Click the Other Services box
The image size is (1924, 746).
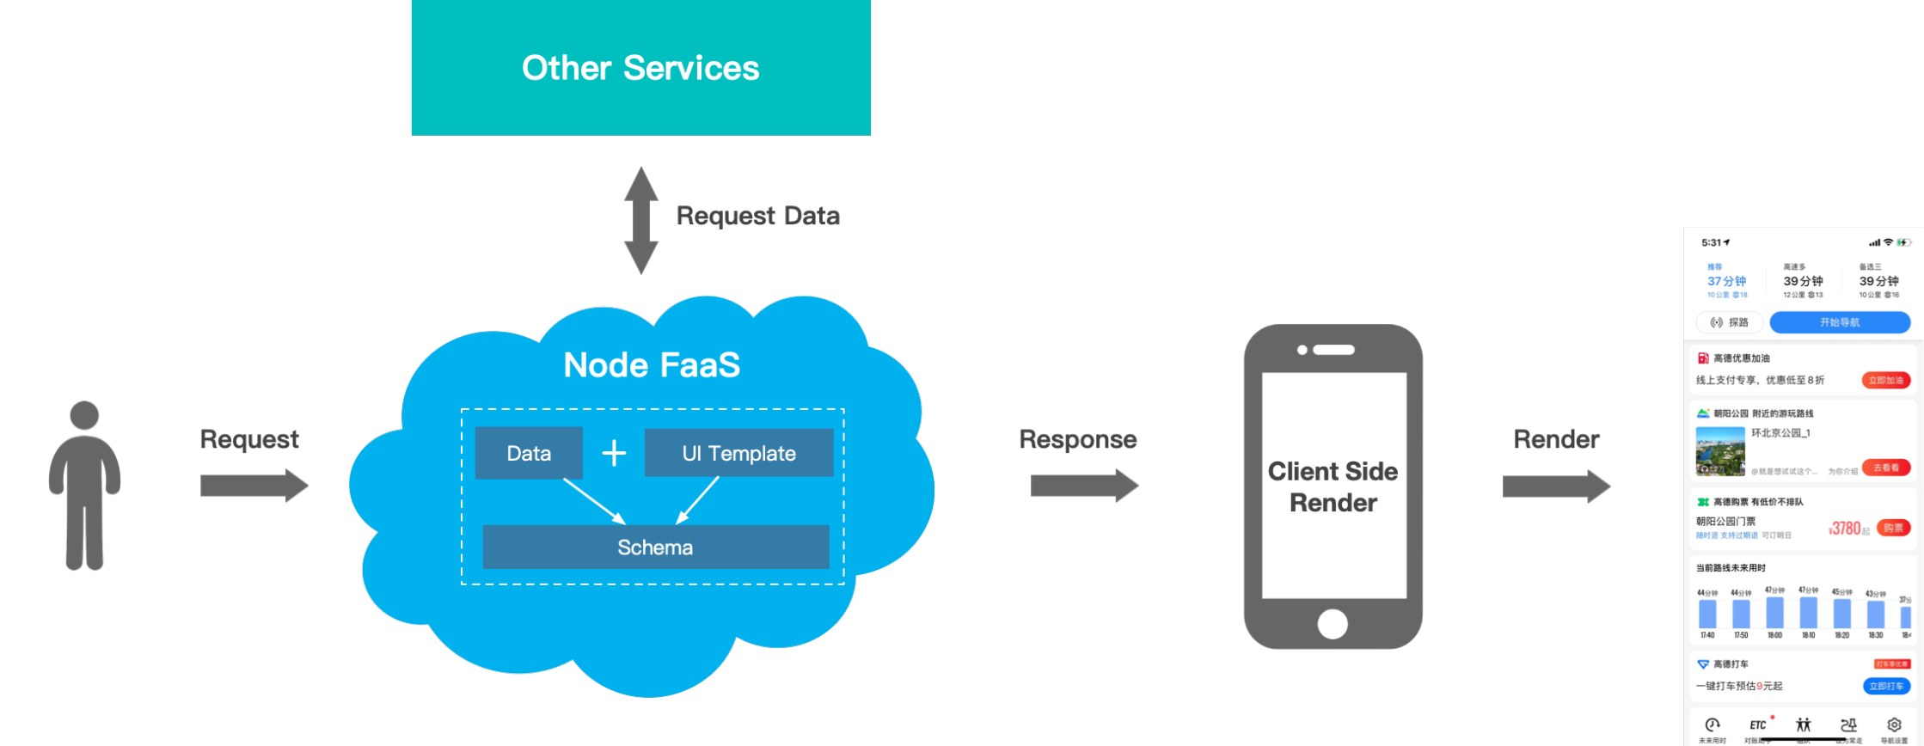[640, 68]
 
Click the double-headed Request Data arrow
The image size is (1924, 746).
[640, 220]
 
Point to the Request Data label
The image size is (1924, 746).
[757, 216]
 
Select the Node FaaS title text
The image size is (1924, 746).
[652, 365]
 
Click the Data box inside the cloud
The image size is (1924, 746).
[529, 453]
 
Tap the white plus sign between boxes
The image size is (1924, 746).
[614, 453]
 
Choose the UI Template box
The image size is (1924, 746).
[738, 453]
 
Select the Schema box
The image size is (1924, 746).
[655, 547]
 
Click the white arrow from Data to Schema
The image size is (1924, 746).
[593, 500]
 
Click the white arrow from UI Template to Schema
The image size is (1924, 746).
[698, 499]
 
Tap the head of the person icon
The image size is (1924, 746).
[84, 415]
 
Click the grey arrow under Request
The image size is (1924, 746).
[254, 486]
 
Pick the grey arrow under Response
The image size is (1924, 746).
[1084, 486]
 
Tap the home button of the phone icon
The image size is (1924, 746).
[1333, 623]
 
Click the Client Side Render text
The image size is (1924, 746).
[1333, 486]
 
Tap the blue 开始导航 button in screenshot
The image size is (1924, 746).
[1839, 322]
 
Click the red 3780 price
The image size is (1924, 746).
[1846, 529]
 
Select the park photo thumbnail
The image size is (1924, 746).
[1720, 451]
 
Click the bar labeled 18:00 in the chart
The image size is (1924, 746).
[1774, 613]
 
